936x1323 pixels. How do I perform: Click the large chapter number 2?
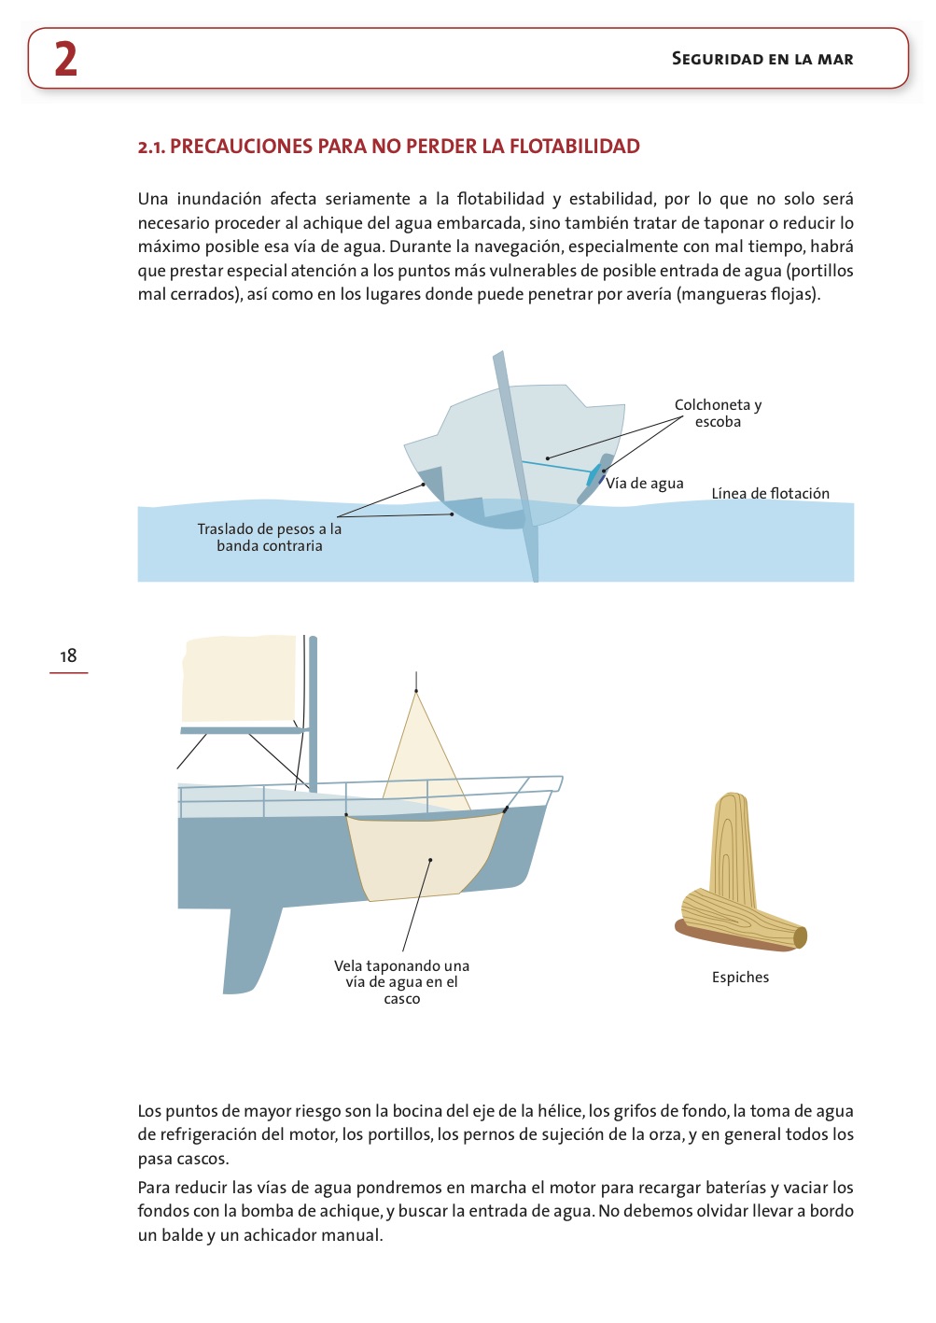pyautogui.click(x=65, y=59)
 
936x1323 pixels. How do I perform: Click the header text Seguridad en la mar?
pyautogui.click(x=762, y=59)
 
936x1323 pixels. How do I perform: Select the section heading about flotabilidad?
pyautogui.click(x=388, y=147)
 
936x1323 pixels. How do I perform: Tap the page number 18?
pyautogui.click(x=68, y=655)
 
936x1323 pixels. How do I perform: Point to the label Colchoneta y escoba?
pyautogui.click(x=718, y=413)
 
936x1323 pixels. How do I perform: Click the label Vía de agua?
pyautogui.click(x=645, y=483)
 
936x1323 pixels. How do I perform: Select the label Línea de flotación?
pyautogui.click(x=770, y=493)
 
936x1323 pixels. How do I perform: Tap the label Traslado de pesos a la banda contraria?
pyautogui.click(x=269, y=537)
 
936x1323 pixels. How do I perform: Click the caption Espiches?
pyautogui.click(x=740, y=977)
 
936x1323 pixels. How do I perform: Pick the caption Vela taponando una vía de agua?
pyautogui.click(x=401, y=981)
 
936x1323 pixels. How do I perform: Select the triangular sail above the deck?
pyautogui.click(x=420, y=756)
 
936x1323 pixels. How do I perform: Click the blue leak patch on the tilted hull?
pyautogui.click(x=594, y=475)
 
